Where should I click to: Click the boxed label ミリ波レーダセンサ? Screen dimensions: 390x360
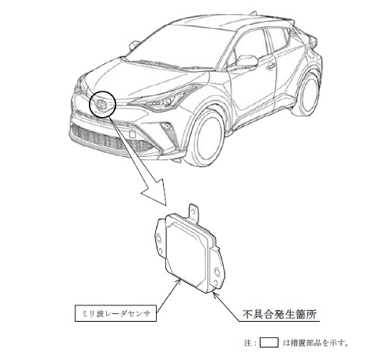pyautogui.click(x=115, y=313)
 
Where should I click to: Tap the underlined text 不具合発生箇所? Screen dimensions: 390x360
pyautogui.click(x=279, y=315)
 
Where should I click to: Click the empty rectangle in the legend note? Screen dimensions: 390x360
pyautogui.click(x=269, y=343)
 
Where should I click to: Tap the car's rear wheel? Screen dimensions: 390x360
pyautogui.click(x=307, y=94)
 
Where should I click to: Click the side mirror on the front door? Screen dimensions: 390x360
pyautogui.click(x=246, y=62)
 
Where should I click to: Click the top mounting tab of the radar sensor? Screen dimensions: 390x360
pyautogui.click(x=193, y=212)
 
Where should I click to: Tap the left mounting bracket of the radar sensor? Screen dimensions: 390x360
pyautogui.click(x=159, y=240)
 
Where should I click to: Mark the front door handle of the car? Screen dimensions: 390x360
pyautogui.click(x=271, y=66)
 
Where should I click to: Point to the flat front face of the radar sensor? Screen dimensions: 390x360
pyautogui.click(x=188, y=255)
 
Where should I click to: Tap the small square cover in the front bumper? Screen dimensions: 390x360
pyautogui.click(x=132, y=134)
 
